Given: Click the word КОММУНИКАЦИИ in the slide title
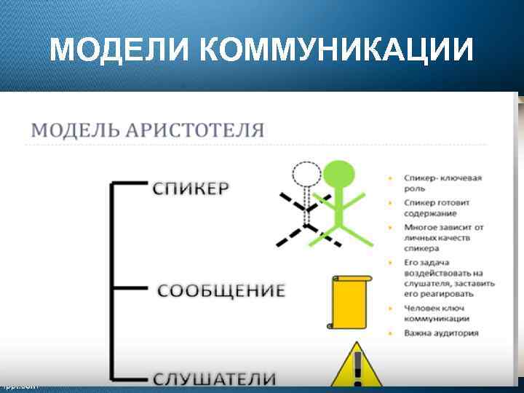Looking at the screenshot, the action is click(336, 49).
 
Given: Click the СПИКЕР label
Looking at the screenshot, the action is click(191, 187).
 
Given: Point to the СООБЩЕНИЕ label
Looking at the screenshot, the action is click(221, 290).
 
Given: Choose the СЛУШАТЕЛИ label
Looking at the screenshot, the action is click(214, 378).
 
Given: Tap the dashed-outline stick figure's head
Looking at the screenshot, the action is click(306, 175).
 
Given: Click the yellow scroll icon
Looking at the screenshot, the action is click(350, 302).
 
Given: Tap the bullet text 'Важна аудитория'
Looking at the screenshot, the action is click(442, 333).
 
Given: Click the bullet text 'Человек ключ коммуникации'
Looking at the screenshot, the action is click(437, 313).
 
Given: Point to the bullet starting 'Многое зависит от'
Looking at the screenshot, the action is click(443, 237).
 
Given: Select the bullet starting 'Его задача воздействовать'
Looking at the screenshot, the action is click(449, 277).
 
